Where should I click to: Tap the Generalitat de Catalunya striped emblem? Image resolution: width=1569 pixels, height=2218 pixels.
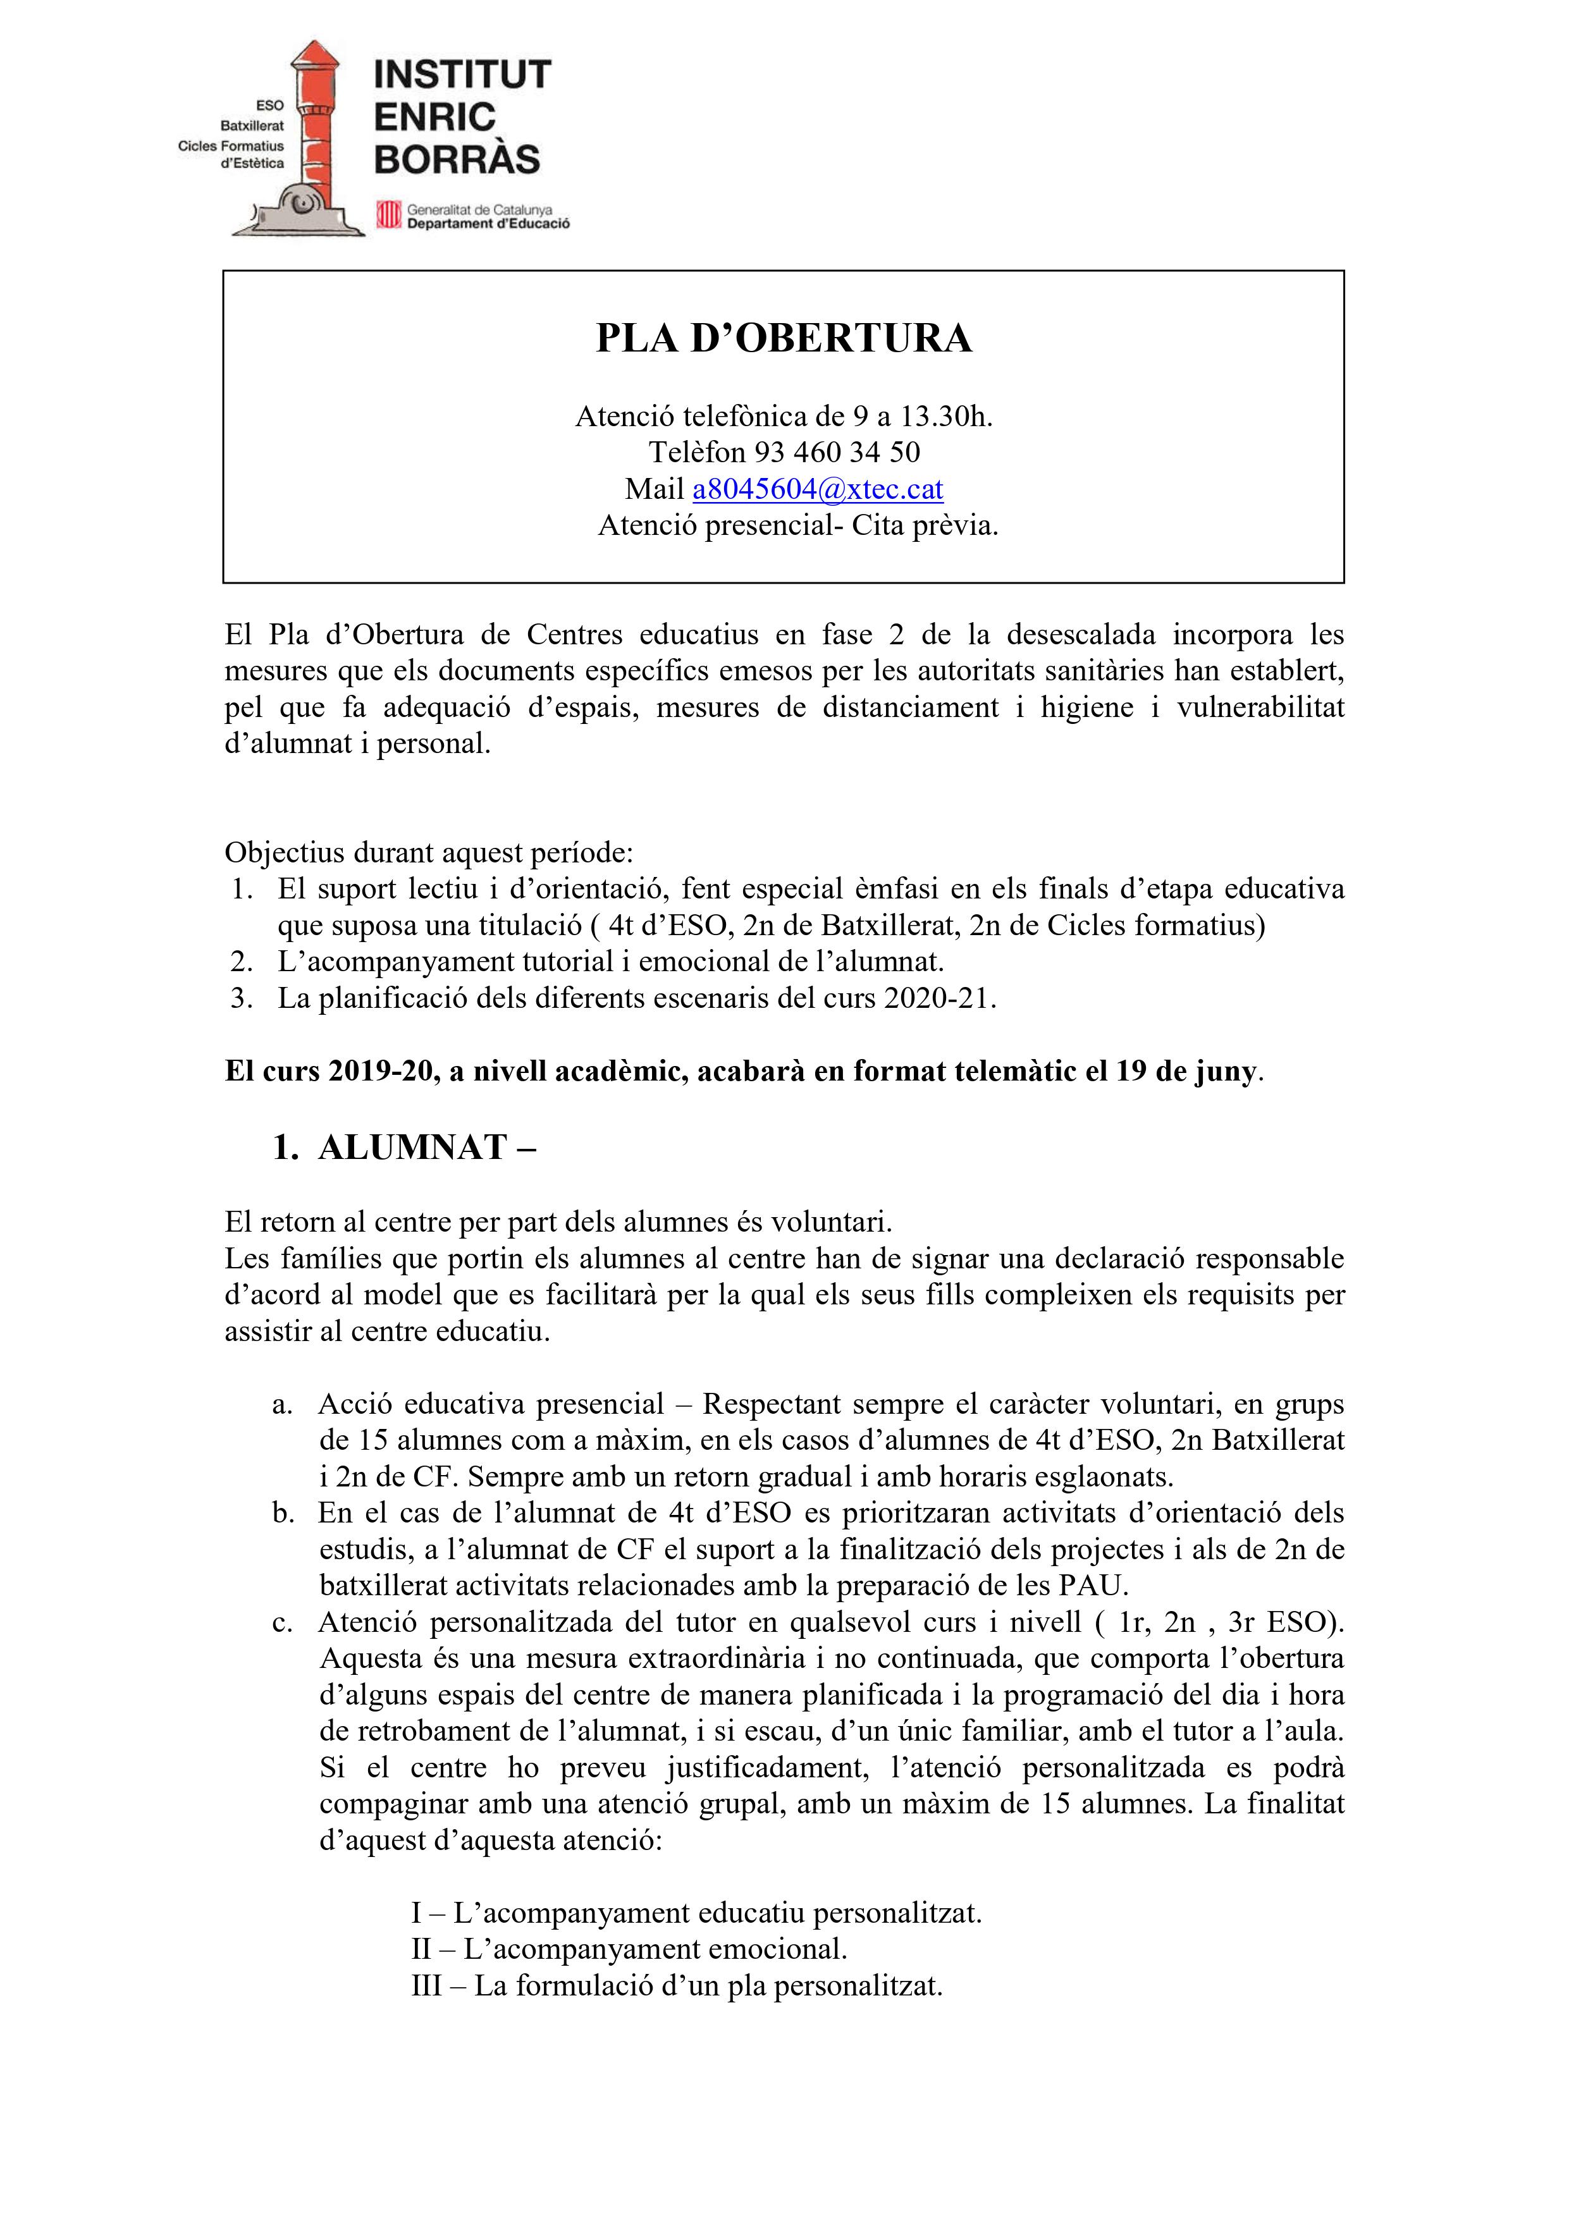(x=388, y=214)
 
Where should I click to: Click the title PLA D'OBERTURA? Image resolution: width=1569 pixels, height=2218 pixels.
(x=784, y=338)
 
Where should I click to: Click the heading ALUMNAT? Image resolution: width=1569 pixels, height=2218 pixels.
(x=412, y=1147)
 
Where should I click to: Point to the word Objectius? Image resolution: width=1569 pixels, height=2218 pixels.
(x=284, y=852)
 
